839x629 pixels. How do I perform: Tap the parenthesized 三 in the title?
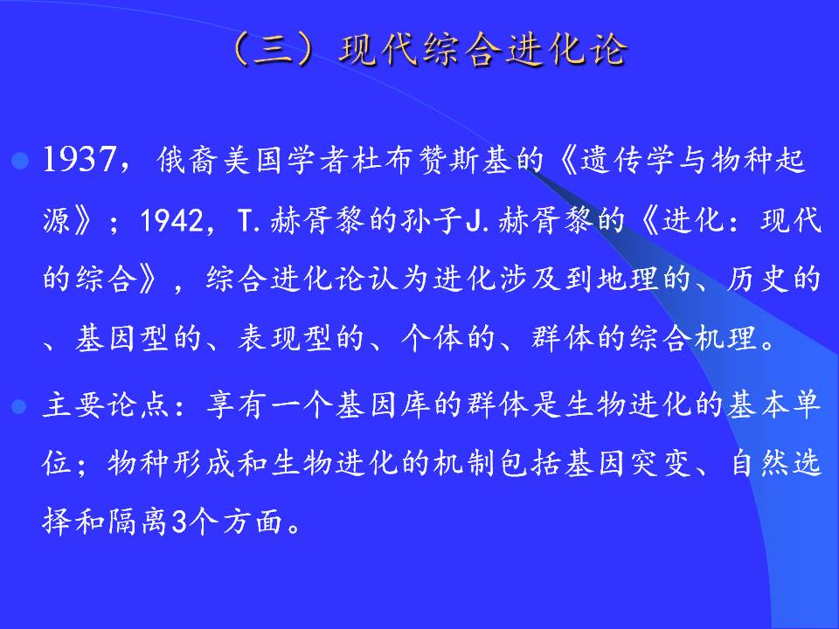tap(271, 51)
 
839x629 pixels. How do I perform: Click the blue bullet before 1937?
tap(20, 161)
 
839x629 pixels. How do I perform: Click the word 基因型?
tap(124, 338)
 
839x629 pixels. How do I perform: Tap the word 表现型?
tap(287, 338)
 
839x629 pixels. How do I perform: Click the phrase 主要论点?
tap(107, 404)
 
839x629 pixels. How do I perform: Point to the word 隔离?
tap(139, 522)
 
